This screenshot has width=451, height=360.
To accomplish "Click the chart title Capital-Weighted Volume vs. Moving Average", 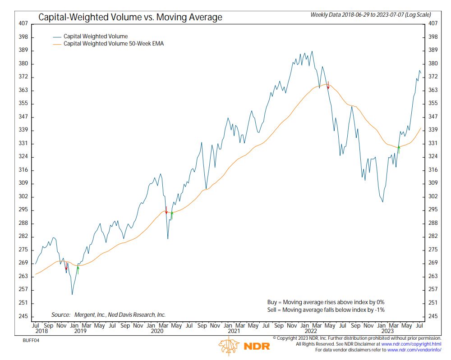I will pyautogui.click(x=130, y=18).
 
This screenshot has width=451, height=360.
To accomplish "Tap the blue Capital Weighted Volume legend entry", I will pyautogui.click(x=95, y=36).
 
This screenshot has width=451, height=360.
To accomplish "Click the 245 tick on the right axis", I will pyautogui.click(x=432, y=316).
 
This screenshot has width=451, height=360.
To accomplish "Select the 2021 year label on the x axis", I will pyautogui.click(x=234, y=331).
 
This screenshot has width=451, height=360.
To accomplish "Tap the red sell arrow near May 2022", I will pyautogui.click(x=328, y=86).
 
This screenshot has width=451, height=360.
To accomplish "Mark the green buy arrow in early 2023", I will pyautogui.click(x=399, y=149).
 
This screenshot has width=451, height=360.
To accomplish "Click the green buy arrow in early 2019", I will pyautogui.click(x=78, y=269).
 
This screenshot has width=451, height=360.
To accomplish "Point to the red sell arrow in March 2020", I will pyautogui.click(x=166, y=210).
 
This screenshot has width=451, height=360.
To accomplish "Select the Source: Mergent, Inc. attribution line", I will pyautogui.click(x=108, y=315).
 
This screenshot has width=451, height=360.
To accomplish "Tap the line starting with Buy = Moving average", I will pyautogui.click(x=326, y=302).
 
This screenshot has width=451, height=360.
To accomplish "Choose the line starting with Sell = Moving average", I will pyautogui.click(x=326, y=310).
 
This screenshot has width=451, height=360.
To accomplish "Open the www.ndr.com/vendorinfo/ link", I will pyautogui.click(x=414, y=350).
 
